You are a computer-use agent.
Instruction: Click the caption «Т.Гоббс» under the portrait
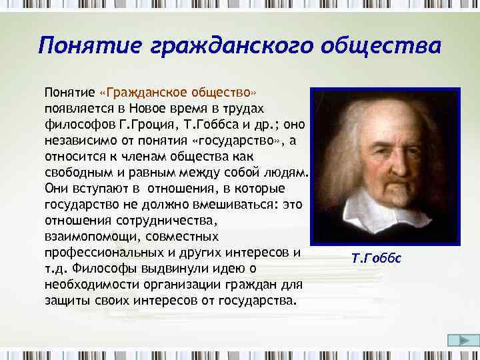coord(376,258)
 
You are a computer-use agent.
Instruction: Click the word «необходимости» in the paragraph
coord(85,284)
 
